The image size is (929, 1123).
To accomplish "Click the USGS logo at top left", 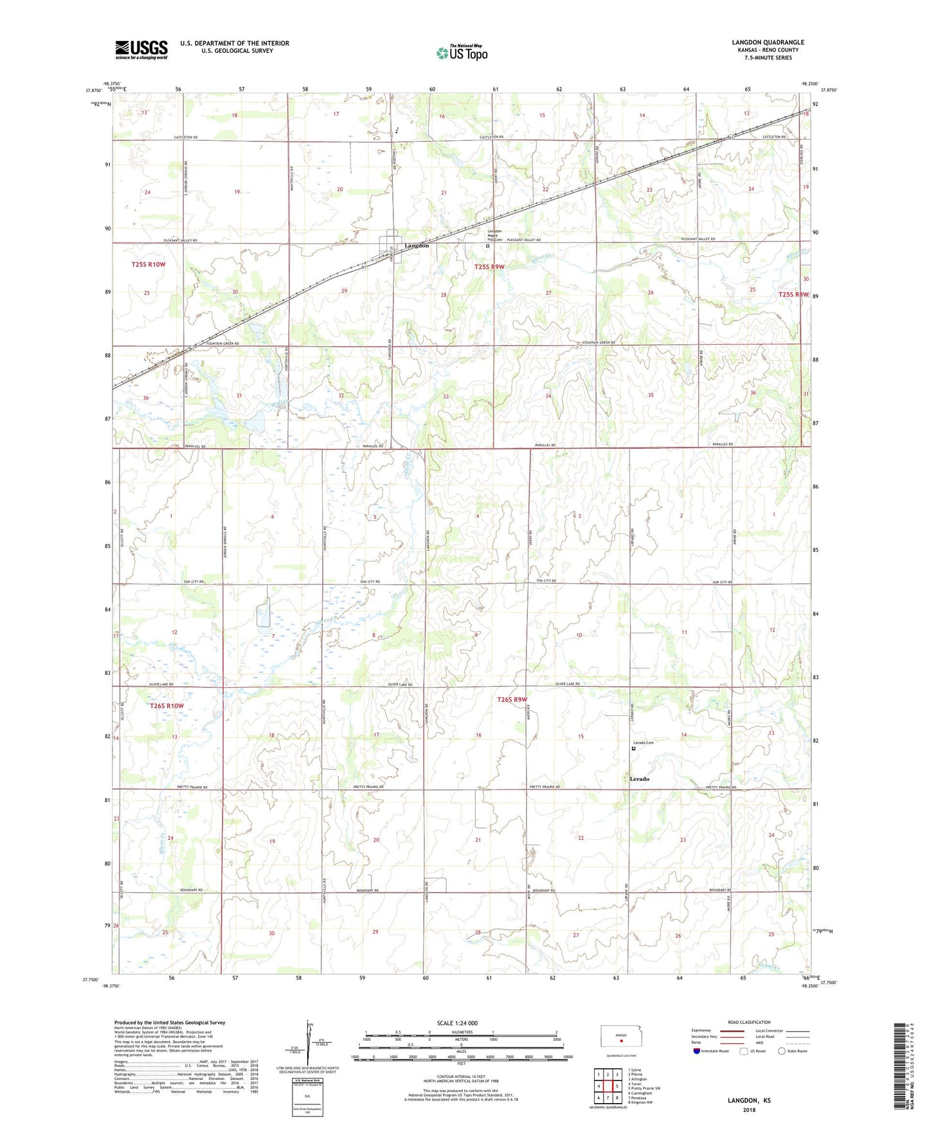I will coord(141,50).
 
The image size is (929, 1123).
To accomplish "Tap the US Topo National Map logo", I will coord(462,52).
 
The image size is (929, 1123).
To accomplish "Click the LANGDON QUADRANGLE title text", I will coord(768,42).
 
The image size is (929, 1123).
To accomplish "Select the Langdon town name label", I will coord(416,246).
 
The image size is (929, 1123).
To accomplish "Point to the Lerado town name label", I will coord(639,779).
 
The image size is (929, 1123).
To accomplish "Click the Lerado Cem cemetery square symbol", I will coord(633,749).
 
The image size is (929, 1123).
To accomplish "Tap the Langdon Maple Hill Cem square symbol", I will coord(487,246).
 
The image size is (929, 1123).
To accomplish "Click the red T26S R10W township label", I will coord(167,706).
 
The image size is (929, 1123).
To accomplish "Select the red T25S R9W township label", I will coord(489,266).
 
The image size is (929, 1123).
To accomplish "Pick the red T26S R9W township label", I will coord(512,699).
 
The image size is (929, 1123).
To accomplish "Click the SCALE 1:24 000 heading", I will coord(457,1023).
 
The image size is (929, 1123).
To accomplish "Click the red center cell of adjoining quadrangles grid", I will coord(607,1086).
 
